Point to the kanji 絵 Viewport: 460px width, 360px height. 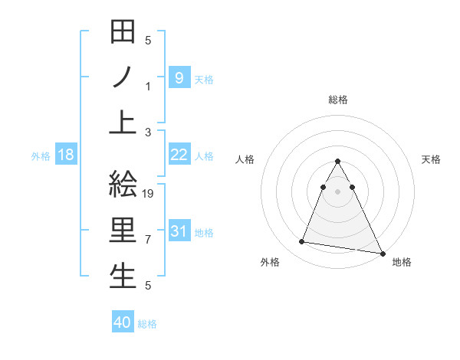(123, 187)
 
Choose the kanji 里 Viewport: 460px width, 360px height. (123, 231)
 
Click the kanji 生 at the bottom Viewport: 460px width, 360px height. (123, 276)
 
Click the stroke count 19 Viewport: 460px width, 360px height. (149, 194)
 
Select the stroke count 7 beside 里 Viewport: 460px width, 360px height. (148, 240)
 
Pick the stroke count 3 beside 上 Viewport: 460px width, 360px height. (148, 132)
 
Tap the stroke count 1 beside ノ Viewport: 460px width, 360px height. (148, 87)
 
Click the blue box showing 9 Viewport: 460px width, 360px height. (179, 77)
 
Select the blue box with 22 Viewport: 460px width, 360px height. (179, 155)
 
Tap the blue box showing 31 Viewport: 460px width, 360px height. (179, 231)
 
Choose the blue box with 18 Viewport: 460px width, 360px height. (66, 155)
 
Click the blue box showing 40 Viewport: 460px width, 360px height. (123, 322)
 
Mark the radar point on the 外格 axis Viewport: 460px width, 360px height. (302, 242)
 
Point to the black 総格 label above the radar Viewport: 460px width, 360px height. (338, 100)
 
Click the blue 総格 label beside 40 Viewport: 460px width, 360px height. (147, 324)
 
